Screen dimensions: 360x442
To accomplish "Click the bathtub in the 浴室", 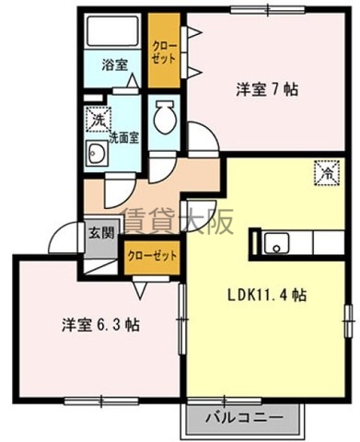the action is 112,31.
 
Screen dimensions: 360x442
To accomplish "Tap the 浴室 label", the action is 115,64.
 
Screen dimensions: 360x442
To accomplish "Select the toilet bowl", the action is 164,117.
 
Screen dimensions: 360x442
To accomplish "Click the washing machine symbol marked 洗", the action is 98,119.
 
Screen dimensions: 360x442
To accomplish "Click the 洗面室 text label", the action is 124,138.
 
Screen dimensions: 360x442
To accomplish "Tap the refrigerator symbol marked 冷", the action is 327,173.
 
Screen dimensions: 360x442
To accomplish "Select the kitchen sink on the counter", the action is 276,243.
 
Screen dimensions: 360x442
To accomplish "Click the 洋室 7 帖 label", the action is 267,89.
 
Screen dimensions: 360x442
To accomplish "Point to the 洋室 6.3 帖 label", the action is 100,325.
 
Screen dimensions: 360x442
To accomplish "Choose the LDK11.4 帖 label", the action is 266,295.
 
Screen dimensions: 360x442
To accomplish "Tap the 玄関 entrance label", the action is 101,234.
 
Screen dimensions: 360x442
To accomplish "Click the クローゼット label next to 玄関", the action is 152,256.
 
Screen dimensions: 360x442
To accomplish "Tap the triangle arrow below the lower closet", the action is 140,291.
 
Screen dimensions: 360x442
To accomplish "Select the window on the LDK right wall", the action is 348,321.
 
